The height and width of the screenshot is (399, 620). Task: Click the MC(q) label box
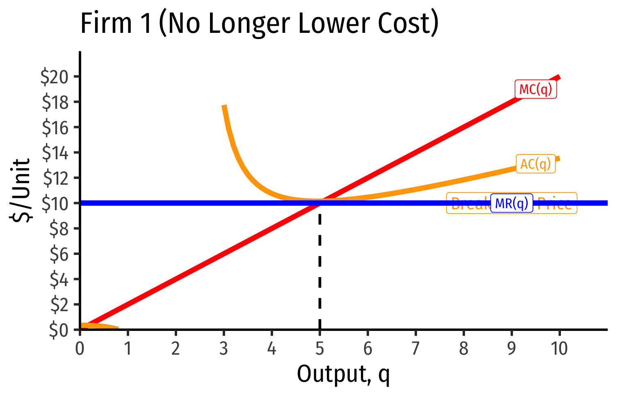[x=536, y=89]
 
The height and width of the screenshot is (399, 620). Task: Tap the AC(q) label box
[x=536, y=164]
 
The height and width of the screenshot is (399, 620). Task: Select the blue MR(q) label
[x=511, y=203]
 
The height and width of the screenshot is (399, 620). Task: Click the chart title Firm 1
[x=259, y=23]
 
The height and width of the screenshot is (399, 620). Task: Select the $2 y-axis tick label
[x=62, y=305]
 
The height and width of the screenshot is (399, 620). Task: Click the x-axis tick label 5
[x=319, y=349]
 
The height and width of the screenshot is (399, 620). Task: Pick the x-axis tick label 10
[x=559, y=349]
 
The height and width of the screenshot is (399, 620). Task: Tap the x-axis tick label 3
[x=223, y=349]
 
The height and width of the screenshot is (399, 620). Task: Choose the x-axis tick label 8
[x=463, y=349]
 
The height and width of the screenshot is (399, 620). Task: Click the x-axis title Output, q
[x=343, y=374]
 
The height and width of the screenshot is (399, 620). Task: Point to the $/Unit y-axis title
[x=21, y=190]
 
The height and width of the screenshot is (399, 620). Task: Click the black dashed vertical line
[x=319, y=267]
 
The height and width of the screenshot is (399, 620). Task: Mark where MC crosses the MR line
[x=319, y=203]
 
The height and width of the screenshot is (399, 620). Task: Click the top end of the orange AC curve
[x=224, y=106]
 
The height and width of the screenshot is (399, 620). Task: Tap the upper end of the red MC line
[x=558, y=77]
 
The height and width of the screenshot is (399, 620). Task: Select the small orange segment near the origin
[x=98, y=326]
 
